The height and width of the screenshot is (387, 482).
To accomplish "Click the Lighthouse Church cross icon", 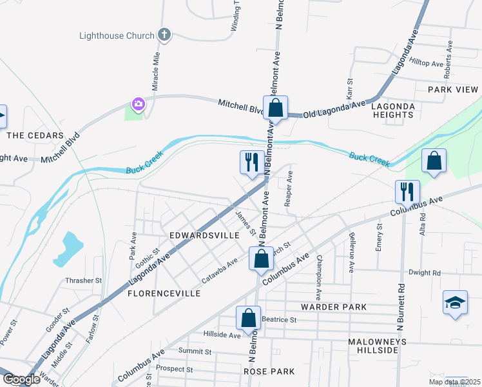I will coord(164,35).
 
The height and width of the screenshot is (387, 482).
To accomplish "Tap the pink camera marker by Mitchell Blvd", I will coord(138,104).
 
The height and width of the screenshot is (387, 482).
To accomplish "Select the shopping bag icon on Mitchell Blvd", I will coord(275,108).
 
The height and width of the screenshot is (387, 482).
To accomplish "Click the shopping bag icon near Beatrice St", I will coord(248,317).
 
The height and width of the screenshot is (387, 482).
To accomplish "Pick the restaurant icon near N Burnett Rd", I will coord(407,191).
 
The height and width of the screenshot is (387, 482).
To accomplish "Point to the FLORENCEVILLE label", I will coord(164,293).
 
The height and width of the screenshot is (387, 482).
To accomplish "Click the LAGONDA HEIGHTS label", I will coord(393,110).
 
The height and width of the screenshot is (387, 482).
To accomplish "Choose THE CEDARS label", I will coord(35,135).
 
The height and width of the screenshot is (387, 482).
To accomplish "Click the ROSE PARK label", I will coord(269,372).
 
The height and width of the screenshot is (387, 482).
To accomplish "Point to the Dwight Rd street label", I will coord(425,273).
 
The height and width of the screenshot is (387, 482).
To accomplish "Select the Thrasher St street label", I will coord(84,281).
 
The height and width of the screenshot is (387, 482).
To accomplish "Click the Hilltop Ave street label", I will coord(428,64).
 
